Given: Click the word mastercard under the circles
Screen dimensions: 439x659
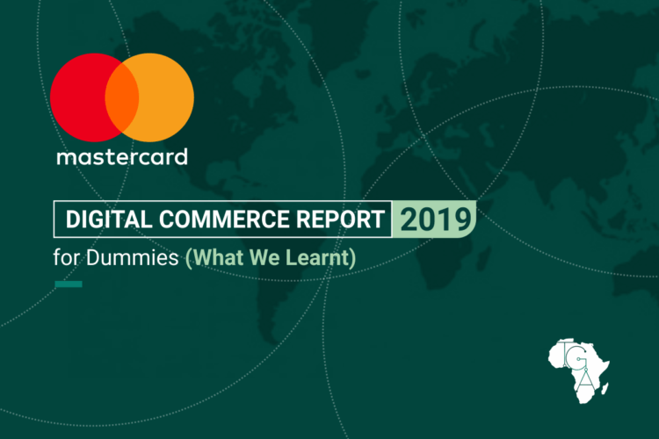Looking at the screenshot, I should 122,158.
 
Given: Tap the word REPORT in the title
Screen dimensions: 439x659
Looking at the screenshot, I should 344,219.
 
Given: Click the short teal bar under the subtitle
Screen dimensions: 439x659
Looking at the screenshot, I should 69,284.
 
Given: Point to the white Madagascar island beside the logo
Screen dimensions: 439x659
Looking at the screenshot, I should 605,386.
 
